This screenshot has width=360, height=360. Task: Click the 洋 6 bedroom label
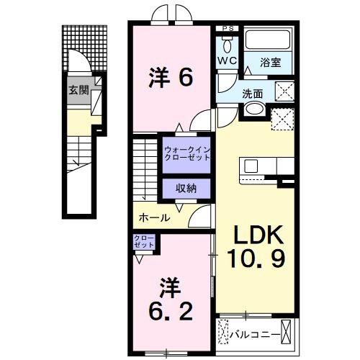click(171, 78)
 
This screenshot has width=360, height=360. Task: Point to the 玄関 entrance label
click(78, 91)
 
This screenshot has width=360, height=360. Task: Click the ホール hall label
click(154, 217)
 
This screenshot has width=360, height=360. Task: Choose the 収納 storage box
click(186, 188)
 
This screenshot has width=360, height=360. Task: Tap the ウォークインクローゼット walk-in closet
click(186, 153)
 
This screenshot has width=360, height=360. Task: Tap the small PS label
click(228, 28)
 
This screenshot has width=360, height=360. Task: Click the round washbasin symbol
click(253, 110)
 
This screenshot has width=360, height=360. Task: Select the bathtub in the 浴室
click(269, 41)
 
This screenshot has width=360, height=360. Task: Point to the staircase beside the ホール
click(143, 169)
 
